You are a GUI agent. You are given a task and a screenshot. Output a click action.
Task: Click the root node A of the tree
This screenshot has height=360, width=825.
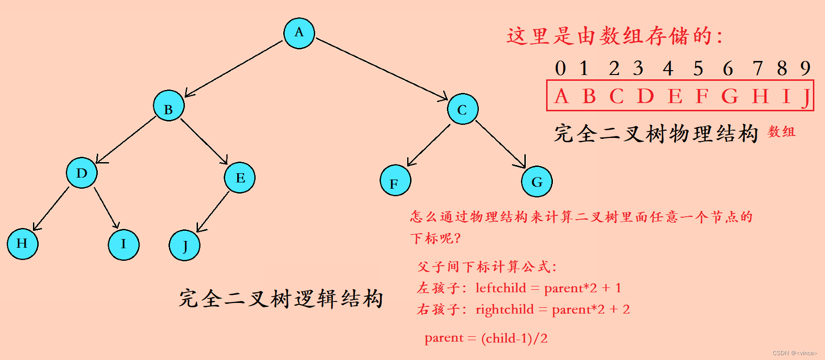pos(299,33)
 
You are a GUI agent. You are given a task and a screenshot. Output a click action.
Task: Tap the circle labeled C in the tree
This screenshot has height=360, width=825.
pos(462,109)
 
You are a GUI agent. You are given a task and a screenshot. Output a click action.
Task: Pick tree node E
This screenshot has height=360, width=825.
pos(240,178)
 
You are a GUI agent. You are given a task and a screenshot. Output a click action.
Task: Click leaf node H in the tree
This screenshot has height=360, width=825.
pos(22,244)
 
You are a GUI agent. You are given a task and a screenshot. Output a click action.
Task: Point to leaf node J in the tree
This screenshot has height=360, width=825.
pos(184,245)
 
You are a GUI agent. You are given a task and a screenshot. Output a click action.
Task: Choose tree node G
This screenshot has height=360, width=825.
pos(536,181)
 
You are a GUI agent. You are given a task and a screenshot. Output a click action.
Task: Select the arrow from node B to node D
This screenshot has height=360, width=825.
pos(126,140)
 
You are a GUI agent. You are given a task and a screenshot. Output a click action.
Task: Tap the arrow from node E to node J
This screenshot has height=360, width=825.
pos(213,212)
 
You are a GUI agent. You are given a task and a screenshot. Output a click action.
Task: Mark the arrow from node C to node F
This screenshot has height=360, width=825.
pos(428,145)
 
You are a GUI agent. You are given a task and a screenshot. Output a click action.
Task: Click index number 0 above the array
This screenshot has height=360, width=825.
pos(560,69)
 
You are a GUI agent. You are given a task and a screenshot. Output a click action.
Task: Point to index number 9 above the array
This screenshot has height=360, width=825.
pos(805,68)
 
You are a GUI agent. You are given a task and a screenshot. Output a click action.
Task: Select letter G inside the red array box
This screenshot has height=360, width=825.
pos(730,96)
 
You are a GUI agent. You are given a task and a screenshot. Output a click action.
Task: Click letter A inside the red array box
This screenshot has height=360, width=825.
pos(561,96)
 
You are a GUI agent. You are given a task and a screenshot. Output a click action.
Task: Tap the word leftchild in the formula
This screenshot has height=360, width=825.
pos(501,288)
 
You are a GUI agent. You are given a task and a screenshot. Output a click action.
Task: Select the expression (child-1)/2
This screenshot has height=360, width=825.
pos(514,338)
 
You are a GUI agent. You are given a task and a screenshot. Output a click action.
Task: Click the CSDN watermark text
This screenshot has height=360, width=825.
pos(794,353)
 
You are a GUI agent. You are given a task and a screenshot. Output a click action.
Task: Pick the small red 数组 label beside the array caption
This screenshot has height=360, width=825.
pos(781,132)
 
